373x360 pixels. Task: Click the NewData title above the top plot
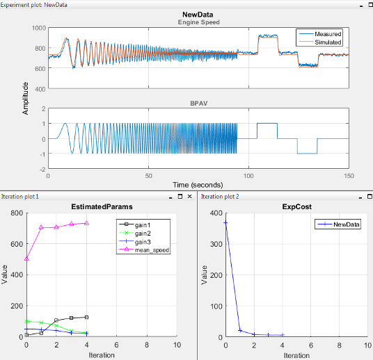[198, 14]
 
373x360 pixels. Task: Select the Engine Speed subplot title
[198, 22]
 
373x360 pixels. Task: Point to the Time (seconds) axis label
[198, 185]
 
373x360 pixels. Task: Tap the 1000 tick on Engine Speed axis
[38, 28]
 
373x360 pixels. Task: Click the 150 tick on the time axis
[349, 177]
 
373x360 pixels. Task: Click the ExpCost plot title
[296, 206]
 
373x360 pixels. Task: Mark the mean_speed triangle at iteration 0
[26, 259]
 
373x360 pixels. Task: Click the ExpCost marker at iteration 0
[225, 222]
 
